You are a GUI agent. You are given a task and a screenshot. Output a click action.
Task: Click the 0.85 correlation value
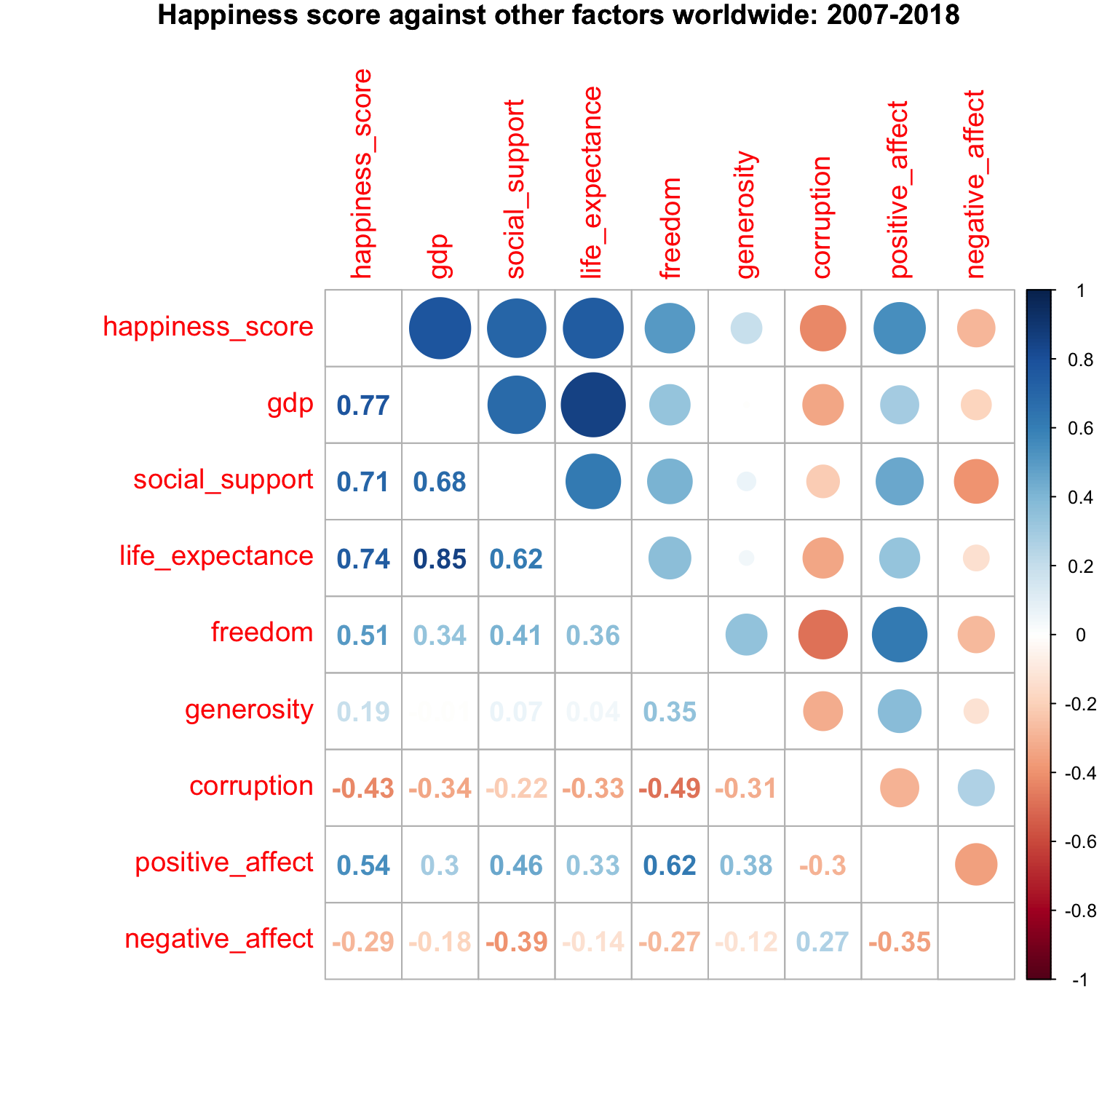pos(440,559)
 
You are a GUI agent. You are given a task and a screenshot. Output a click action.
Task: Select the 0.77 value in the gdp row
pos(363,405)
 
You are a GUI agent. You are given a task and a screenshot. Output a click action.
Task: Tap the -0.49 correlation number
pos(670,788)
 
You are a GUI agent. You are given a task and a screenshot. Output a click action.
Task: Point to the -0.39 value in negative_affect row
pos(516,942)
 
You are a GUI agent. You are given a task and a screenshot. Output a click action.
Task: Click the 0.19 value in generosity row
pos(363,712)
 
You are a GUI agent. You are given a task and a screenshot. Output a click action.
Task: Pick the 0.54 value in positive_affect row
pos(363,865)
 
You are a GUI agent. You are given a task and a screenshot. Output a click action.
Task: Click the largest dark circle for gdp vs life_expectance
pos(593,405)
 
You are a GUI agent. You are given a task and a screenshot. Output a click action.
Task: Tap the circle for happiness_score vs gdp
pos(440,328)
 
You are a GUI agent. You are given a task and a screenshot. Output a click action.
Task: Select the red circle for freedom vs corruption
pos(823,635)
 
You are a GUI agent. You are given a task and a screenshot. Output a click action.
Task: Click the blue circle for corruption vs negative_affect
pos(976,788)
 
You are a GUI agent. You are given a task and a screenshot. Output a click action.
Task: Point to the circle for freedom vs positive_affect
pos(900,635)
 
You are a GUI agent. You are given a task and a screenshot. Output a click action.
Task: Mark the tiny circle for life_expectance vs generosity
pos(746,558)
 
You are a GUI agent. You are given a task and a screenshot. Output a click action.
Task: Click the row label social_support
pos(223,480)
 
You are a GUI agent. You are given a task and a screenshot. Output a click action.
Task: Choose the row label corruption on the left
pos(251,787)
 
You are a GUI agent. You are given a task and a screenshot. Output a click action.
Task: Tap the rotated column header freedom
pos(670,228)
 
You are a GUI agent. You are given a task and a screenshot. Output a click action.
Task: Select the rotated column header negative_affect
pos(975,184)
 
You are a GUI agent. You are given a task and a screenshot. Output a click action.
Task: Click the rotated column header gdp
pos(440,256)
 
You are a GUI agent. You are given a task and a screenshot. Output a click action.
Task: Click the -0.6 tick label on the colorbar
pos(1080,842)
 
